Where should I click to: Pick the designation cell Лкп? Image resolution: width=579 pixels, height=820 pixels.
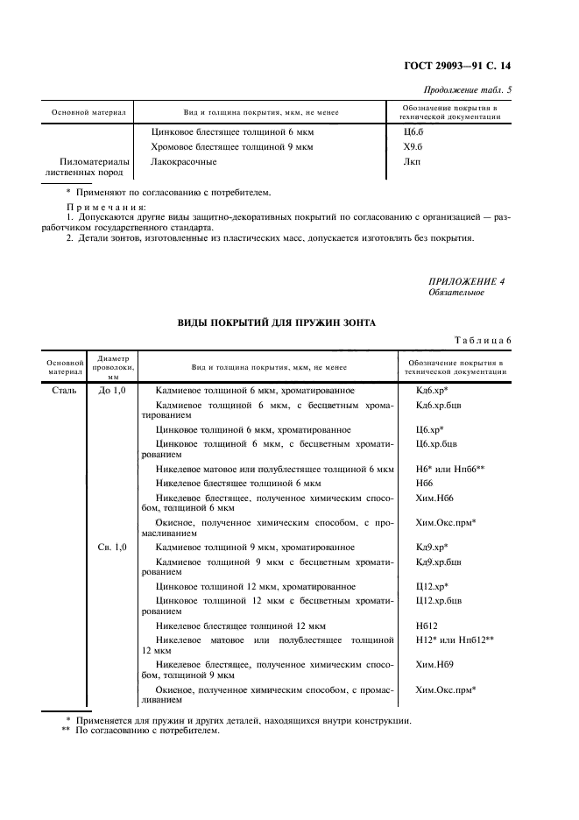point(404,161)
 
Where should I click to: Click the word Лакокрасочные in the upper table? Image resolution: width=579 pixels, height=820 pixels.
point(184,161)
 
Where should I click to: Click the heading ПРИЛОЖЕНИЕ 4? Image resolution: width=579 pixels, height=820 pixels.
point(466,281)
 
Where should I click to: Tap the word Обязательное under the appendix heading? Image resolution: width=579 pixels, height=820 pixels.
point(455,293)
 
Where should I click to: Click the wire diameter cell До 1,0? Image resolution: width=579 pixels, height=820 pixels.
point(113,389)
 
